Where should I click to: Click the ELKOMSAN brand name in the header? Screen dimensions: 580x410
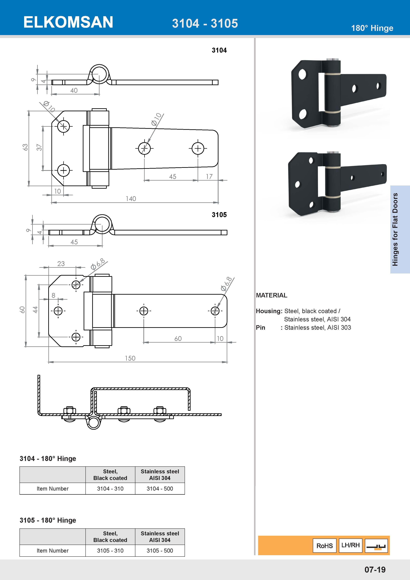[x=68, y=22]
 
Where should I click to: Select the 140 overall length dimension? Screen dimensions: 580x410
[x=131, y=199]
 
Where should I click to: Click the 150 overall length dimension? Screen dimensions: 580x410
[x=130, y=358]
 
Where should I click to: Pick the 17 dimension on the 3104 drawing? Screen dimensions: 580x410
[x=209, y=177]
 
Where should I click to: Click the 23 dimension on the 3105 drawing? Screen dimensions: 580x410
[x=61, y=264]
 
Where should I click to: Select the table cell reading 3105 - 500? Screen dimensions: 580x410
[x=160, y=550]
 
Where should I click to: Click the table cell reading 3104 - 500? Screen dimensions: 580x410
[x=160, y=489]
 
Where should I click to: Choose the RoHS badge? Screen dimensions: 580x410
[x=324, y=546]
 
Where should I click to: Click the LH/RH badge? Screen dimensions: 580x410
[x=350, y=545]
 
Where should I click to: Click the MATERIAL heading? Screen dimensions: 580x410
[x=271, y=295]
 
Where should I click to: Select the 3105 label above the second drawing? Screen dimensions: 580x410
[x=219, y=215]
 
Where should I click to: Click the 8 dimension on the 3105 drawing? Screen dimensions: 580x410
[x=53, y=295]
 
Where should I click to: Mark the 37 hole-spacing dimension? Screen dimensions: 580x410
[x=39, y=147]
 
